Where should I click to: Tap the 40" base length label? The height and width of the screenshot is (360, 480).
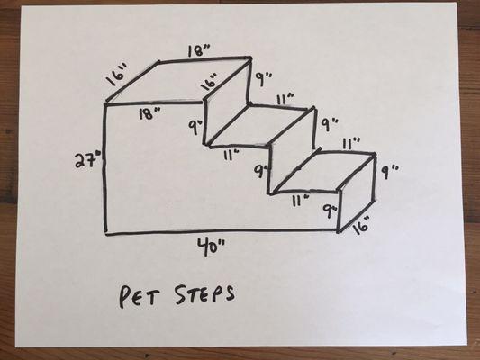[x=212, y=247]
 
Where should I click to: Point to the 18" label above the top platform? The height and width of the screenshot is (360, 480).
[x=199, y=50]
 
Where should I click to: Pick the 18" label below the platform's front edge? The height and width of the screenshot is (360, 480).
[x=150, y=113]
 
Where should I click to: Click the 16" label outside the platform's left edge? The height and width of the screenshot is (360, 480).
[x=117, y=75]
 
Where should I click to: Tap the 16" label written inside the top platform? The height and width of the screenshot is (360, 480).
[x=211, y=81]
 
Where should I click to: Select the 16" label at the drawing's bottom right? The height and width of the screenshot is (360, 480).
[x=360, y=226]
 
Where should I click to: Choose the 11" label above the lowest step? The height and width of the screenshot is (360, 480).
[x=351, y=144]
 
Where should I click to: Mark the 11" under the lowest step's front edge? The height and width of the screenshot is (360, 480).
[x=300, y=201]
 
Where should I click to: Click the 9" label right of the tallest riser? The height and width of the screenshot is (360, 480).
[x=263, y=78]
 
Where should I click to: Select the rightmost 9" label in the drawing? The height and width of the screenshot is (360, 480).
[x=390, y=172]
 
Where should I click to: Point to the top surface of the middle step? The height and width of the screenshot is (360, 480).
[x=259, y=125]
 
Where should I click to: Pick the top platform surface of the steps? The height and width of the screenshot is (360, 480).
[x=179, y=80]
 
